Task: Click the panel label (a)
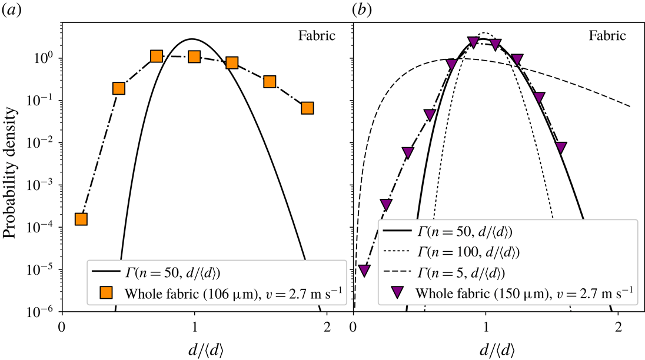point(11,10)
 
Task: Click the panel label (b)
point(361,10)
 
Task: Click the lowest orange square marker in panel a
point(81,219)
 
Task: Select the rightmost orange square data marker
point(307,108)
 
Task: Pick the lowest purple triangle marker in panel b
point(364,271)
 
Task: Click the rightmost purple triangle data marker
point(561,147)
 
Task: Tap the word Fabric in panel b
point(609,36)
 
